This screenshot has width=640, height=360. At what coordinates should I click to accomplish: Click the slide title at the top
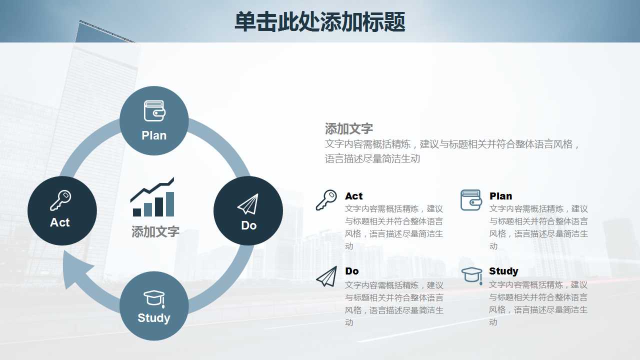[319, 22]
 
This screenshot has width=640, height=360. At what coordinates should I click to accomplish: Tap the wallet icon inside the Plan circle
[154, 111]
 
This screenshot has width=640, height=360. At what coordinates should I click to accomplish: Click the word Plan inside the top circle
[154, 135]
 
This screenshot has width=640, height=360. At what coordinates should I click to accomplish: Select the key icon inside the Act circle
[60, 200]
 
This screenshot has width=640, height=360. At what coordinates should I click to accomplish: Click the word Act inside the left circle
[60, 222]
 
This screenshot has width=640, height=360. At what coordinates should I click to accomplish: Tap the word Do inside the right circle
[248, 225]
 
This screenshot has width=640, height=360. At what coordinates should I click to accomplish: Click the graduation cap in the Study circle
[154, 298]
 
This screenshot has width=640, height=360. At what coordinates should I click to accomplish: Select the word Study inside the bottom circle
[154, 318]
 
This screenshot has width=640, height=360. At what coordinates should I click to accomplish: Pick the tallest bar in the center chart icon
[170, 204]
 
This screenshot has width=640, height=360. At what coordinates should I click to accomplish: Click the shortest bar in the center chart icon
[137, 212]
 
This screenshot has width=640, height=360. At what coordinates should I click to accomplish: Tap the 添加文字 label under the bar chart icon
[155, 231]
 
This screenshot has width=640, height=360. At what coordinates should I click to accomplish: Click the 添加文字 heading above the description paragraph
[349, 128]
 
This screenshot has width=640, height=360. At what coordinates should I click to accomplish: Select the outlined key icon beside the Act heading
[326, 200]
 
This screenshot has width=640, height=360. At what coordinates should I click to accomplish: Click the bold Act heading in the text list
[353, 196]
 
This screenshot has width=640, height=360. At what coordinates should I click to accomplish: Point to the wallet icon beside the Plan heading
[471, 200]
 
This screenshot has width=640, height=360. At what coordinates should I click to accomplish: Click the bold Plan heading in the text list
[500, 196]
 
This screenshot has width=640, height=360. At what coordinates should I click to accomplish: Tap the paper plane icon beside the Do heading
[326, 276]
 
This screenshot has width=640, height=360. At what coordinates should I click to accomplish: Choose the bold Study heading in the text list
[503, 271]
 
